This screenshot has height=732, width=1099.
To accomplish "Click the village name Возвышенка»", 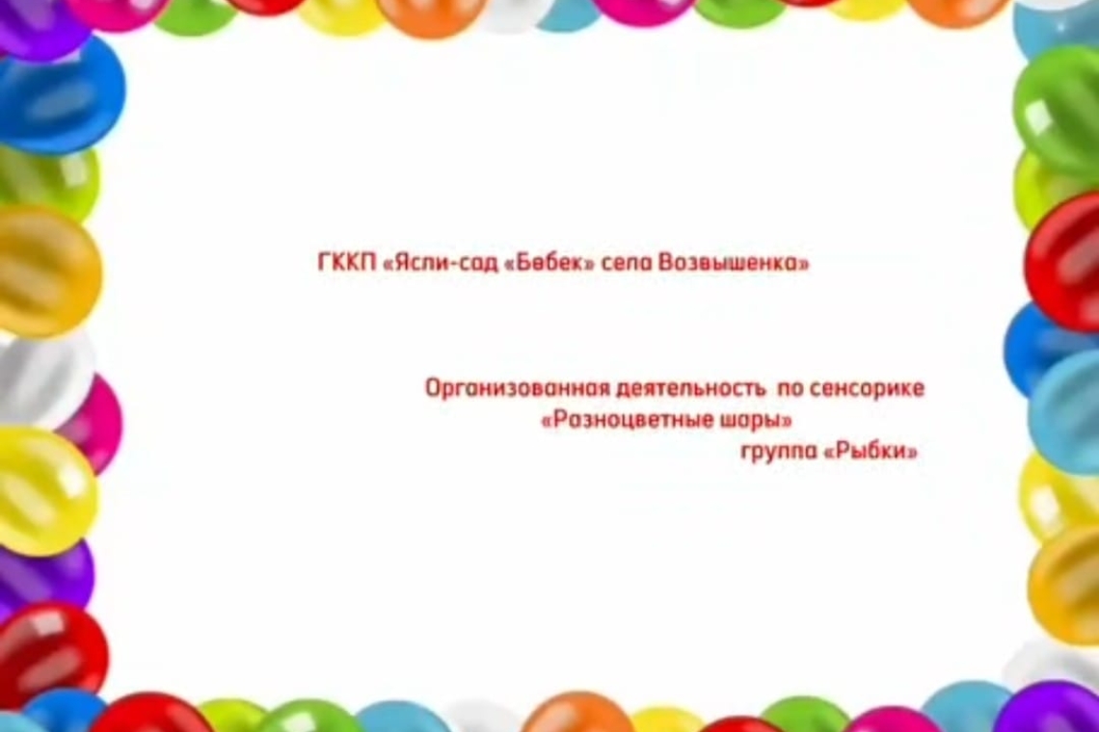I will [x=733, y=262].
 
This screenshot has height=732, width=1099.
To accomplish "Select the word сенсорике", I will [x=867, y=388].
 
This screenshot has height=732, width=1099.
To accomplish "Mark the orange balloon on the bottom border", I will [x=576, y=714].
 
